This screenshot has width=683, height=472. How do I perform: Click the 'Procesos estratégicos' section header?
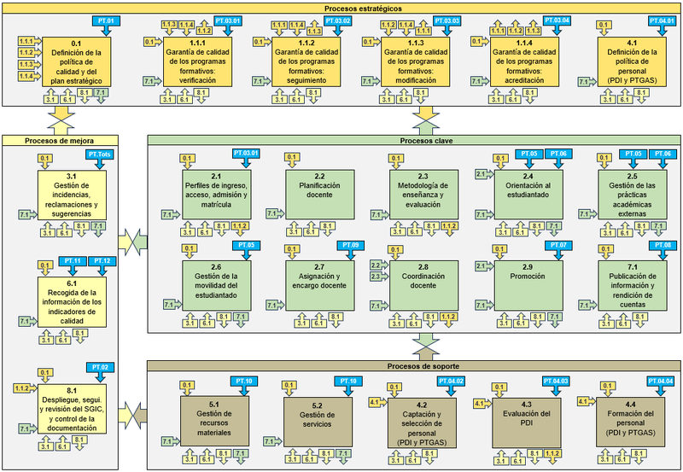341,7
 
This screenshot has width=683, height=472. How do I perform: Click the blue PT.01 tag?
102,20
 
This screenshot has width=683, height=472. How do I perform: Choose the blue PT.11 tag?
73,260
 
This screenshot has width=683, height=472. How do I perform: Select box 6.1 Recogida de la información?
72,298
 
